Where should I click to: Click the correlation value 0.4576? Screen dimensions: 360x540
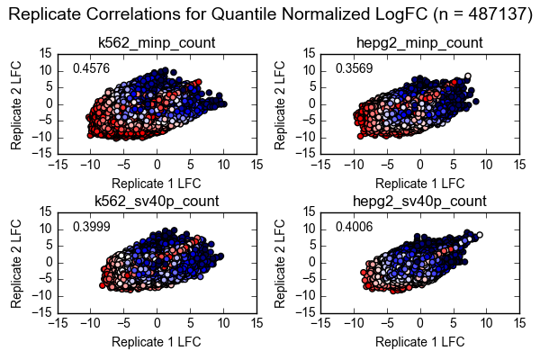point(91,69)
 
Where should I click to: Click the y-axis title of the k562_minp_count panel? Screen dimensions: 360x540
point(19,103)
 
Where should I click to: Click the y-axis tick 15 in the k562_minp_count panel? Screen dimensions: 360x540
point(44,54)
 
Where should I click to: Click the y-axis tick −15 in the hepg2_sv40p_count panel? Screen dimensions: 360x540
point(304,312)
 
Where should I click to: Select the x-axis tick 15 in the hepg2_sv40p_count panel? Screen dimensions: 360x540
point(519,323)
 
